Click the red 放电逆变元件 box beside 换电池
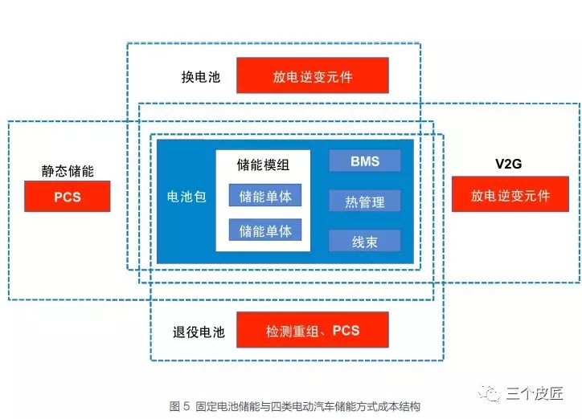313,77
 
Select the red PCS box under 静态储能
68,197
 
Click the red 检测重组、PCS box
313,331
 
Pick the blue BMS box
364,161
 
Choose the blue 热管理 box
364,201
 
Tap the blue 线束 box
364,241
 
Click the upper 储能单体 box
264,196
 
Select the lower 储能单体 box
264,231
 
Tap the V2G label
509,164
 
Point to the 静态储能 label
68,171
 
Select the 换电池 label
200,78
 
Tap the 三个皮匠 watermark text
535,393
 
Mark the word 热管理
364,201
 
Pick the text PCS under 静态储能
68,197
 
